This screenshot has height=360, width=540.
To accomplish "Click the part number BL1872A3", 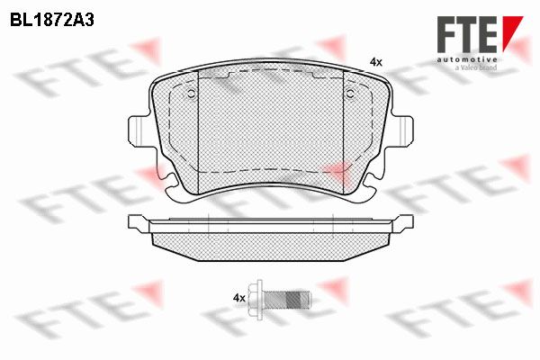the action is click(52, 21).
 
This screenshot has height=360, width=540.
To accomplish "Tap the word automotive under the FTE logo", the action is click(467, 59).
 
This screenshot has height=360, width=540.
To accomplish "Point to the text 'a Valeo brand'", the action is click(475, 67).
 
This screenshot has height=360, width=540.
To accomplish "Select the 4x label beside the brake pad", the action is click(375, 62).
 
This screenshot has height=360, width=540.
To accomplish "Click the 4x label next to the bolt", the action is click(239, 298).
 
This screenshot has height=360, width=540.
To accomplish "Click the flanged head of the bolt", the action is click(256, 298).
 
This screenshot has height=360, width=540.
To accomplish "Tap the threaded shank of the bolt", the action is click(286, 298).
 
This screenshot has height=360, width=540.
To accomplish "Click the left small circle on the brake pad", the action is click(191, 93).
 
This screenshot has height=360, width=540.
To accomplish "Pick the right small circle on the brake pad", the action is click(350, 93).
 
